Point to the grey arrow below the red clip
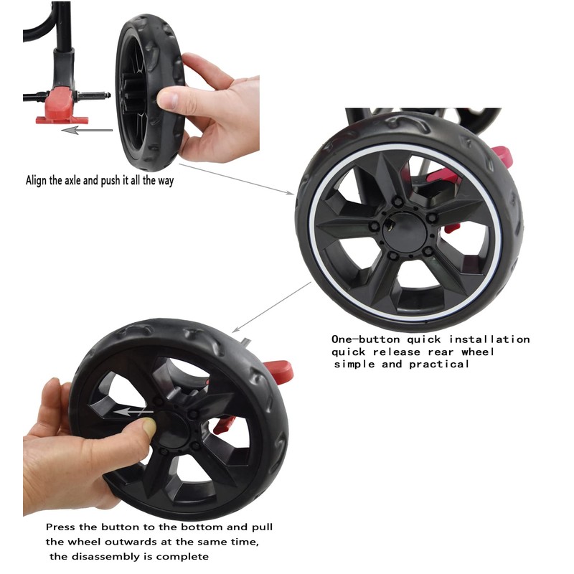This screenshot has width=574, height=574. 86,130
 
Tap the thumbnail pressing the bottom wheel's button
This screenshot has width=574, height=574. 149,428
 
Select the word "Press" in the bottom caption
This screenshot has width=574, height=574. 61,527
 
